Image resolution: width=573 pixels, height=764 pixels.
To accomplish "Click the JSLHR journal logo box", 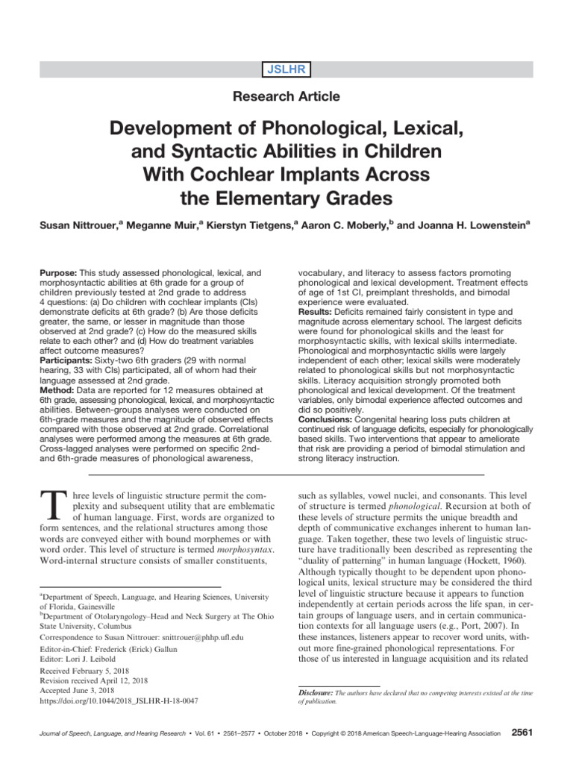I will tap(286, 70).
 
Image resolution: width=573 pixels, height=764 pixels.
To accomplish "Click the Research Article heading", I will tap(286, 96).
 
